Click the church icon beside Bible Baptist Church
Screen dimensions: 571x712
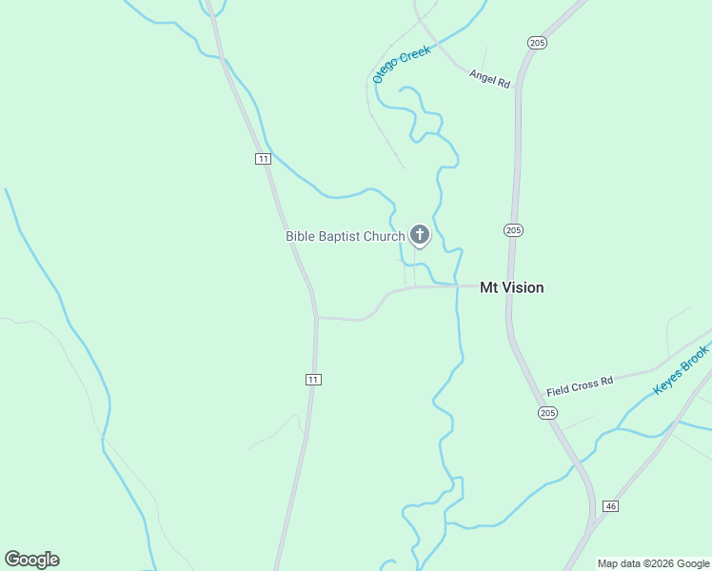[x=419, y=235]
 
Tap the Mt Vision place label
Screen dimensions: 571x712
[x=511, y=287]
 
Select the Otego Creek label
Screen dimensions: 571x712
[x=401, y=64]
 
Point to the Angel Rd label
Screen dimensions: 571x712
[x=489, y=80]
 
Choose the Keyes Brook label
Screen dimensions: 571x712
[x=682, y=373]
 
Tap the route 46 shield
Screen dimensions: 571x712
[x=610, y=506]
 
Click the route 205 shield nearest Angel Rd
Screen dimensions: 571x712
[x=537, y=42]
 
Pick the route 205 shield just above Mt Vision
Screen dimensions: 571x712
[x=514, y=230]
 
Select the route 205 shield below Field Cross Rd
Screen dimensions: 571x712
[x=546, y=412]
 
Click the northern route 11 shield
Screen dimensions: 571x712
[x=263, y=158]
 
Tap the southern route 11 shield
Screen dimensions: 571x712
[x=313, y=380]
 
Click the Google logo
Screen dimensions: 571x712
[x=32, y=560]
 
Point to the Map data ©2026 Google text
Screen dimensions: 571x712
[x=653, y=563]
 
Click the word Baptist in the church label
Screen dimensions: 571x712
[x=341, y=236]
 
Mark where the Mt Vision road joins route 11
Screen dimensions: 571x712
[x=317, y=318]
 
